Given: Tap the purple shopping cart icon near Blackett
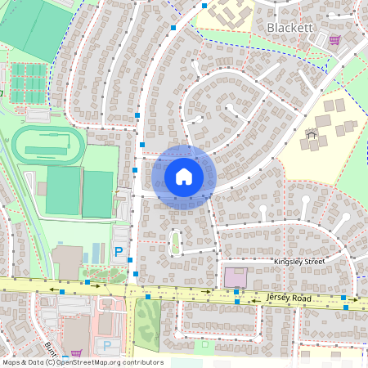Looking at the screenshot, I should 334,39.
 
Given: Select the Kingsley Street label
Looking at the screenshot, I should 299,262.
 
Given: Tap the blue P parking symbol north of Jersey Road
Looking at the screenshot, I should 119,253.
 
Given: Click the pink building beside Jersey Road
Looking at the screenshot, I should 235,276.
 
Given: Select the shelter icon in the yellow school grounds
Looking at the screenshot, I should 310,133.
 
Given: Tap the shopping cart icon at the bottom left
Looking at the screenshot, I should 76,353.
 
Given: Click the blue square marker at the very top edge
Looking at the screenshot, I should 204,5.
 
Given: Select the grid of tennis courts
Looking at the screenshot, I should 28,82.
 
